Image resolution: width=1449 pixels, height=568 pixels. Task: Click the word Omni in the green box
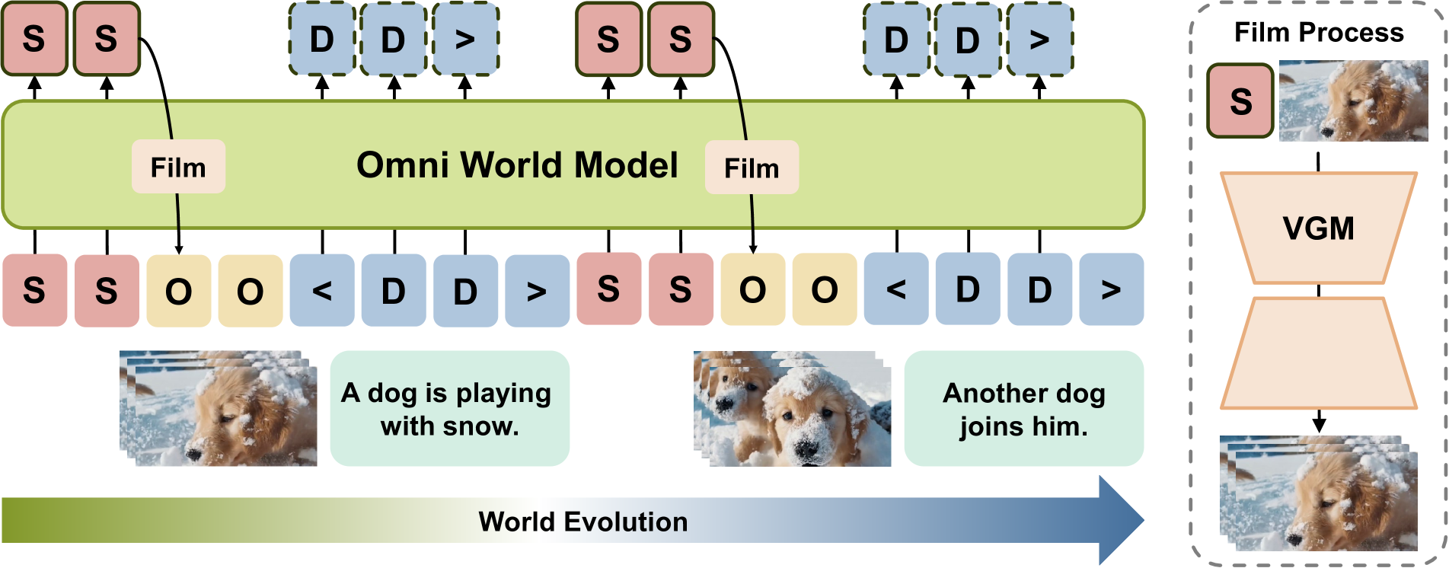(x=403, y=165)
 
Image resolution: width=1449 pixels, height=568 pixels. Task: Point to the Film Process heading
(x=1318, y=33)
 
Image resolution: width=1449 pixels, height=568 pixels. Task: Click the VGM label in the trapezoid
(x=1318, y=228)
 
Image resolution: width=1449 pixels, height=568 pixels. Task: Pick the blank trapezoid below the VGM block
(x=1318, y=353)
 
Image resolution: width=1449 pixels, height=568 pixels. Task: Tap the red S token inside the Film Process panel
(x=1240, y=101)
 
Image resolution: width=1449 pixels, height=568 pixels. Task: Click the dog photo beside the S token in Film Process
(x=1353, y=101)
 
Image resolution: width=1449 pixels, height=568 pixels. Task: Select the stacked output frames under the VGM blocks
(x=1318, y=493)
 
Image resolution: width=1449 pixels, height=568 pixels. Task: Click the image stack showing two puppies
(x=792, y=409)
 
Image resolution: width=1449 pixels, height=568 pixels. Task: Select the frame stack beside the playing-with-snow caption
(x=218, y=409)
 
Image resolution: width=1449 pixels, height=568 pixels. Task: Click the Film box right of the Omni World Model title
(x=752, y=168)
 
